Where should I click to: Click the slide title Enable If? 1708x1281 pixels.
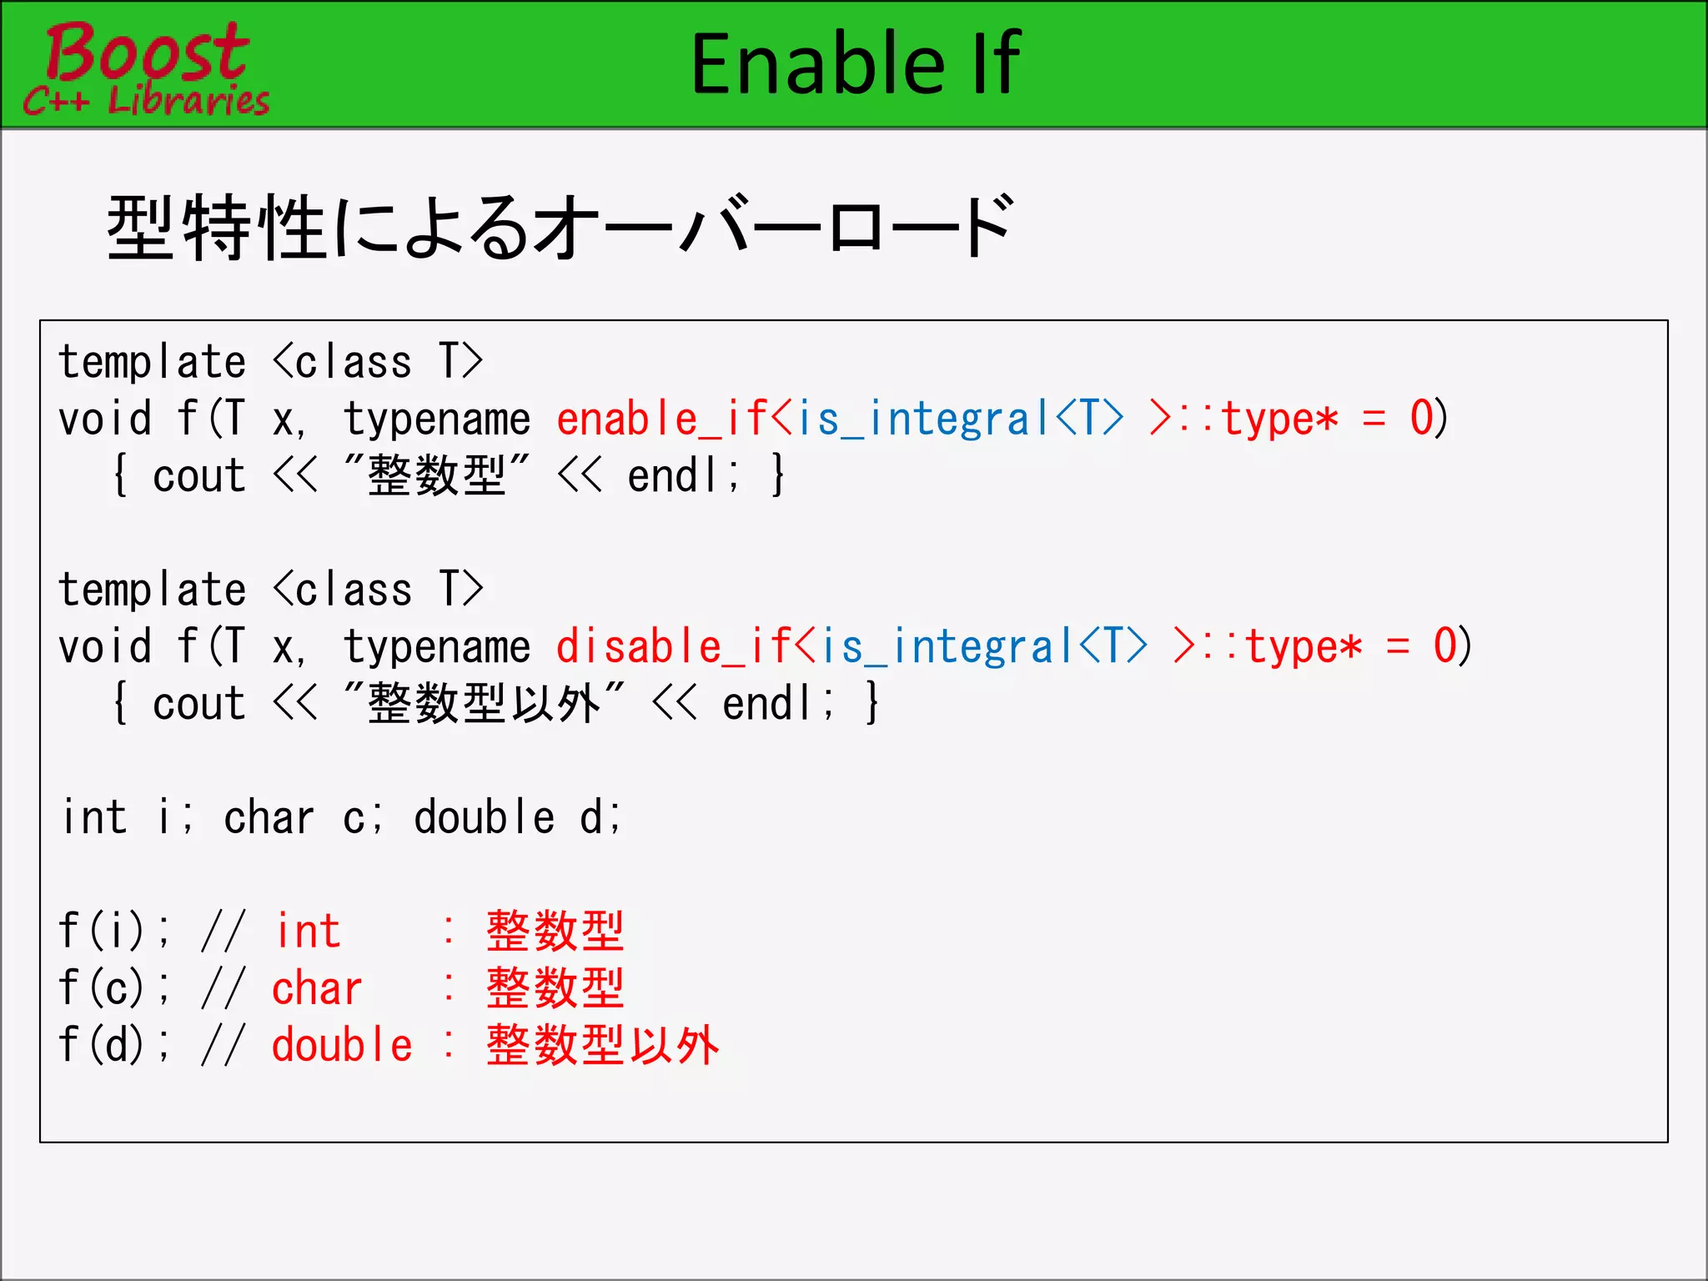click(855, 63)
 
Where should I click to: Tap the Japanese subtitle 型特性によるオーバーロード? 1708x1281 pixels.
click(559, 228)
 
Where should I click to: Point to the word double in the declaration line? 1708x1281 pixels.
click(484, 817)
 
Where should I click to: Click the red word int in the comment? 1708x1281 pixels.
click(308, 931)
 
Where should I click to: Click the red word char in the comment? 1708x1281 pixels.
click(317, 988)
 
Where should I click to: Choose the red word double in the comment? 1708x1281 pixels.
click(342, 1045)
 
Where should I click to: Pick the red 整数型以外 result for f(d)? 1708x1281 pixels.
click(602, 1045)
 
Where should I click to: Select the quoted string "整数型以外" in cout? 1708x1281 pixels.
click(484, 703)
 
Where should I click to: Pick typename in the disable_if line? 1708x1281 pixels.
click(437, 646)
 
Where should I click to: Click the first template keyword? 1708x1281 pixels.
click(153, 362)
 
